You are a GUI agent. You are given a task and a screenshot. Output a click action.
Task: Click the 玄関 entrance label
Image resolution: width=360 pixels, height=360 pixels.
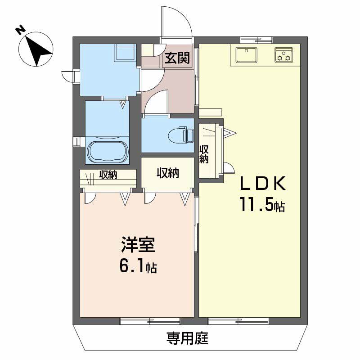(x=177, y=58)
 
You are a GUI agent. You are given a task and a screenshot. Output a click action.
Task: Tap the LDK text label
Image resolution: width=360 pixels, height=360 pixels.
(x=263, y=183)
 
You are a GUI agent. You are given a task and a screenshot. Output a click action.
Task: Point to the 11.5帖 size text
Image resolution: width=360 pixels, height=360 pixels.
(x=263, y=204)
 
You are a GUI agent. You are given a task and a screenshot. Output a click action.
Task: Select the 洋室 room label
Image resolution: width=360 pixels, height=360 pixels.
(x=138, y=245)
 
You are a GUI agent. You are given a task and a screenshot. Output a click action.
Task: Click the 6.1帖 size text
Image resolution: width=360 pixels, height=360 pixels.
(x=138, y=266)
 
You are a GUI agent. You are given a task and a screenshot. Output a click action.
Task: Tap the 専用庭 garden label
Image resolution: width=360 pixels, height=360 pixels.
(x=187, y=338)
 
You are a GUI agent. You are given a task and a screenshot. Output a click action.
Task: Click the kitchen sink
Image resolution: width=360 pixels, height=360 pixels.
(x=246, y=55)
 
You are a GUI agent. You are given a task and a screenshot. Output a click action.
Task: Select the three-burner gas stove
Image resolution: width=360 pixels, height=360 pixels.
(x=284, y=55)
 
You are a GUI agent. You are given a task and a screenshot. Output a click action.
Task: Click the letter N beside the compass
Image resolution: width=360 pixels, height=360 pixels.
(x=20, y=30)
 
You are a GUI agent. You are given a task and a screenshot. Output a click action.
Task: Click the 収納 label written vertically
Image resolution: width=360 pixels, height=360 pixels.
(x=204, y=154)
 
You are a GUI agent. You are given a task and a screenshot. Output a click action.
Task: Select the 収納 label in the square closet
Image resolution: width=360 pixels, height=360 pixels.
(x=168, y=173)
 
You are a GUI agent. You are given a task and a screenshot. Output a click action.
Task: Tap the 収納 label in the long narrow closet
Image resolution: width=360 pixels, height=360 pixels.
(x=108, y=175)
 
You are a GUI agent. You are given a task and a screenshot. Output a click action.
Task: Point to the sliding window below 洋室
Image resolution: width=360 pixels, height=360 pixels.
(x=150, y=320)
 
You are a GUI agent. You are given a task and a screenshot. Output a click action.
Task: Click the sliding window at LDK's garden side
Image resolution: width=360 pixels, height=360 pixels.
(x=238, y=320)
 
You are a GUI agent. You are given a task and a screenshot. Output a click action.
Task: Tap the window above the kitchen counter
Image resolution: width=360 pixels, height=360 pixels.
(x=256, y=40)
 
